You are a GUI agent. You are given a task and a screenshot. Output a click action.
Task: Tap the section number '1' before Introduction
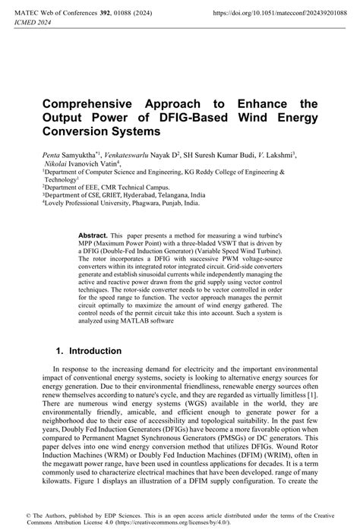click(60, 352)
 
